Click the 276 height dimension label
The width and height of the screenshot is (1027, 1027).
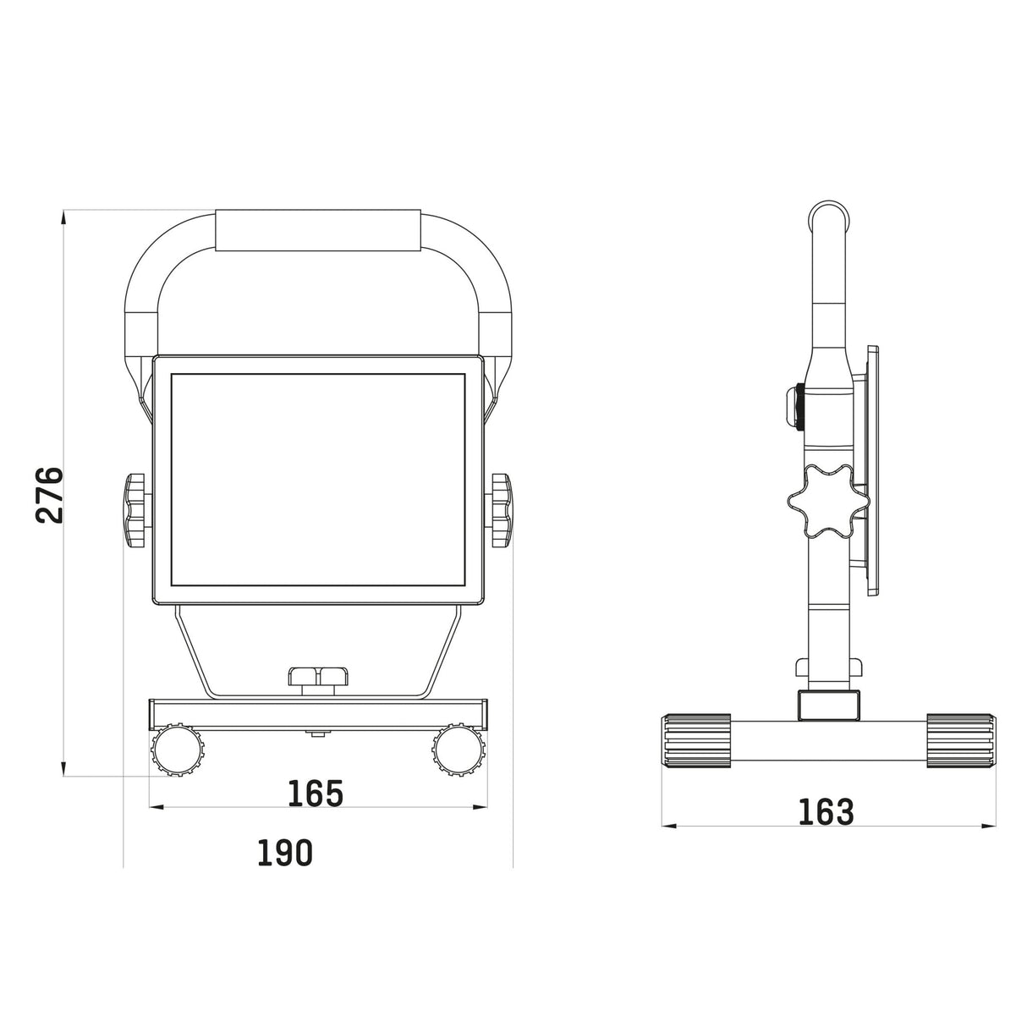(50, 495)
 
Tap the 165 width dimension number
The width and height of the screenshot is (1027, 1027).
(316, 794)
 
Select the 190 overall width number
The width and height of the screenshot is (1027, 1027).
(285, 853)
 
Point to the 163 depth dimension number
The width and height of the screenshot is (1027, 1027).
(826, 811)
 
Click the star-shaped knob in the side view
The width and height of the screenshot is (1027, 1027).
(827, 502)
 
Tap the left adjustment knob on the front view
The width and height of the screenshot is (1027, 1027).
(135, 509)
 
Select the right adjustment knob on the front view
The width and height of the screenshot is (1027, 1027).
(501, 509)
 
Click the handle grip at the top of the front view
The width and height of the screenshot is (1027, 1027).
(319, 230)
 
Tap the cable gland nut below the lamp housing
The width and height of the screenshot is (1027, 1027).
(319, 677)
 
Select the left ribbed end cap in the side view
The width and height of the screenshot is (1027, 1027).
(696, 741)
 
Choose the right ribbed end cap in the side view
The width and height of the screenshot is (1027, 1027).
(961, 741)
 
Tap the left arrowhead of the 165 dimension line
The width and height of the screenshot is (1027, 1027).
(156, 807)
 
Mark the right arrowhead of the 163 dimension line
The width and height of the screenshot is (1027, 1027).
(989, 827)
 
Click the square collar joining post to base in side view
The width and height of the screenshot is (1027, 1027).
(828, 705)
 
